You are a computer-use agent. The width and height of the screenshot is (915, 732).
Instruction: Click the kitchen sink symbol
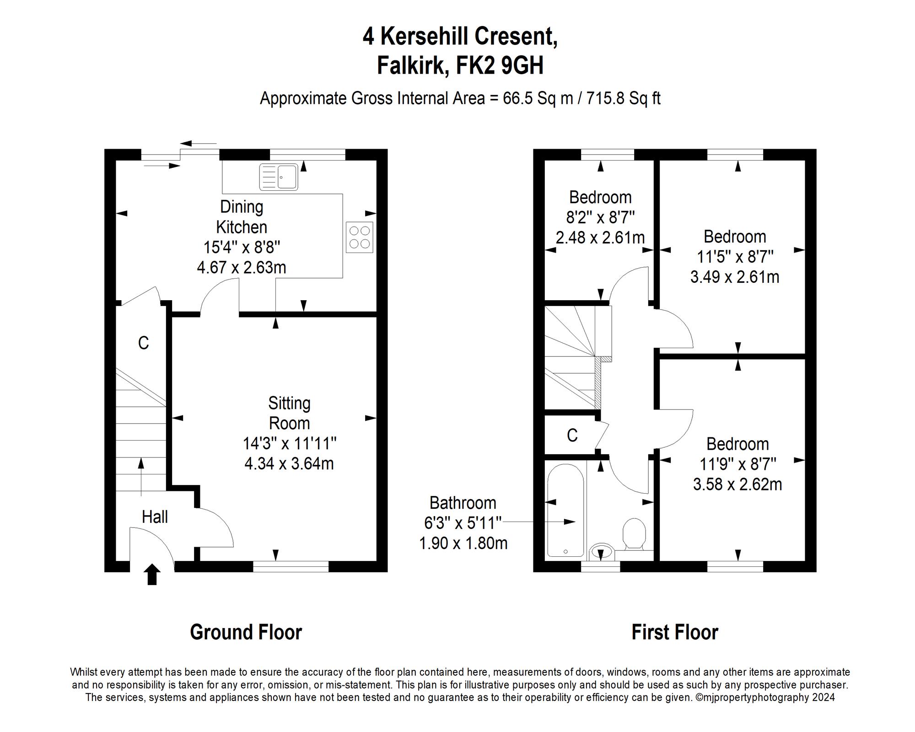[279, 177]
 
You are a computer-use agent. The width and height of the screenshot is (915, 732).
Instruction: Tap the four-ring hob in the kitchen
[359, 237]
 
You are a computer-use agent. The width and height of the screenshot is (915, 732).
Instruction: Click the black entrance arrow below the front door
[152, 575]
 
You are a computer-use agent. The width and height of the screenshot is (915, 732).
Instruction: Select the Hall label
[155, 517]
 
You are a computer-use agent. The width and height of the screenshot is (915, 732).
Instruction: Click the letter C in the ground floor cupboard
[143, 343]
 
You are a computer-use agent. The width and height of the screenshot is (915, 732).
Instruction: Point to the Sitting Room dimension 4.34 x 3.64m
[289, 463]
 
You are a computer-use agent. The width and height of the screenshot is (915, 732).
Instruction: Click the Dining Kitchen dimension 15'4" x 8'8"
[242, 247]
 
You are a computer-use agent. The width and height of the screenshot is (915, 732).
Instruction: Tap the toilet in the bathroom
[634, 533]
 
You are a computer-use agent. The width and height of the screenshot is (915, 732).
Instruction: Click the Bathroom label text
[463, 503]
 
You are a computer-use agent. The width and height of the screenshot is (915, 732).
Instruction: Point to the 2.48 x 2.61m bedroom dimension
[600, 237]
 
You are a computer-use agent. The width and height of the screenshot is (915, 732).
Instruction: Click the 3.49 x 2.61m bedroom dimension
[735, 277]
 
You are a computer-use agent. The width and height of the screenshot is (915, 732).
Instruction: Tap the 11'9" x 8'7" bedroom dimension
[737, 464]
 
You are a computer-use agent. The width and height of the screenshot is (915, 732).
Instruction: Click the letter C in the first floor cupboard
[572, 435]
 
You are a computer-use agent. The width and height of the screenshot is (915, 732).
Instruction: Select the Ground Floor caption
[246, 632]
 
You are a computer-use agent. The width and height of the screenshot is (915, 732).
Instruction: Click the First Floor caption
[674, 632]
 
